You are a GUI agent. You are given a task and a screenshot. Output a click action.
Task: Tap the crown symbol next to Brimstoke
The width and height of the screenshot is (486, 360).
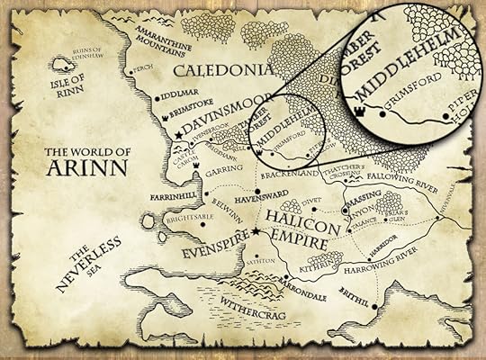pos(160,117)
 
